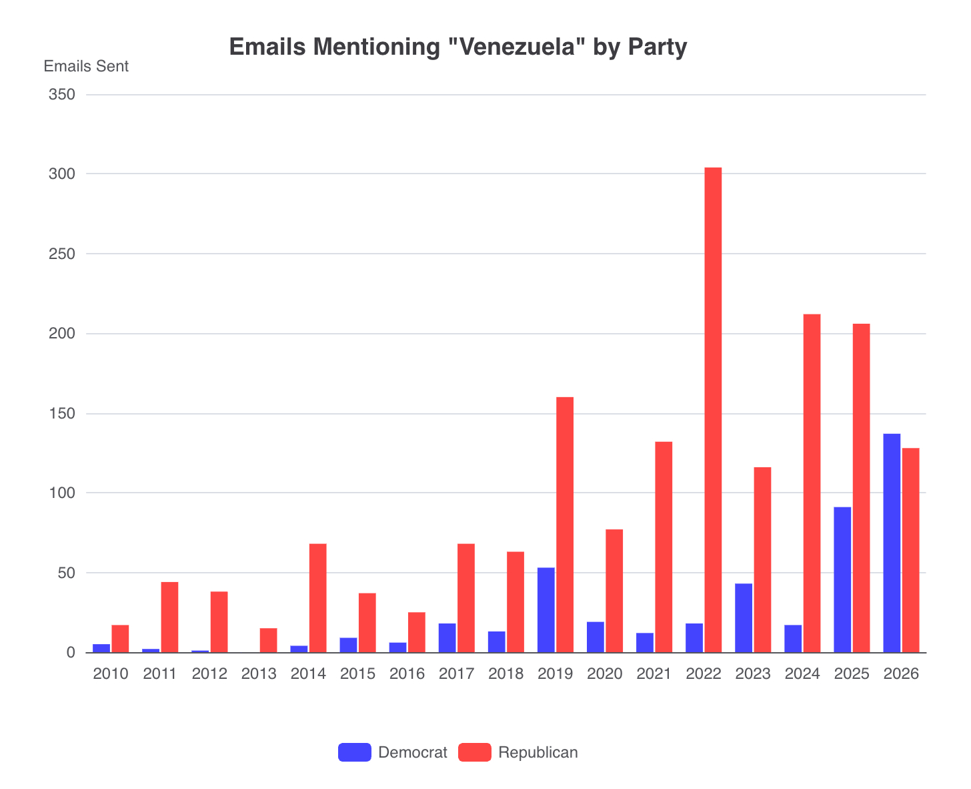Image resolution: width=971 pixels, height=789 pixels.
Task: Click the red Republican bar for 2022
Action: click(x=713, y=410)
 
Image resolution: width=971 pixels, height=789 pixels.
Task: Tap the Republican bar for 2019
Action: click(x=565, y=525)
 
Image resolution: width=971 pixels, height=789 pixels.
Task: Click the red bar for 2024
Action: click(x=812, y=483)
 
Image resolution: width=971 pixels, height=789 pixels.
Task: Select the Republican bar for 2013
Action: click(x=268, y=640)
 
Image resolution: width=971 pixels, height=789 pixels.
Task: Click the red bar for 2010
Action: click(x=120, y=639)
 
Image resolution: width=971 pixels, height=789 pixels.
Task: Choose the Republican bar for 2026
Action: click(x=910, y=550)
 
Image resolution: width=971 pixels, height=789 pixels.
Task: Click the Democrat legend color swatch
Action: click(x=354, y=752)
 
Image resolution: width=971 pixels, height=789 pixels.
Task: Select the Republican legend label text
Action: click(x=538, y=752)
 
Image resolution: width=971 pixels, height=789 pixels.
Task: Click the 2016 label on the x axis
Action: click(x=407, y=674)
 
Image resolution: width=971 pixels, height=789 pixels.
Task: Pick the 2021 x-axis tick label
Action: click(x=654, y=674)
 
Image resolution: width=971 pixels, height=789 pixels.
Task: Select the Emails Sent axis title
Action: click(x=86, y=66)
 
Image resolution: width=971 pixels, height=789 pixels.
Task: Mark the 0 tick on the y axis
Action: click(x=69, y=653)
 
